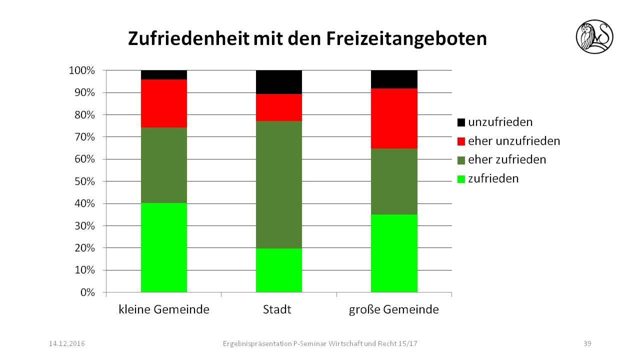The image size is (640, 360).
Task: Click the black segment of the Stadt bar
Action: click(x=278, y=82)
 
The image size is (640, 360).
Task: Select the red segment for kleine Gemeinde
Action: click(x=164, y=103)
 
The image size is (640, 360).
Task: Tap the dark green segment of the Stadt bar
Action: click(x=278, y=184)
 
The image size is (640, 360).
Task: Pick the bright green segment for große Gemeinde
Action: click(x=394, y=253)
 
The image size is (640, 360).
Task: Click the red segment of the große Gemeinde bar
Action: click(x=394, y=118)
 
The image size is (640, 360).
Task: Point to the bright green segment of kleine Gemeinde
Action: click(x=164, y=247)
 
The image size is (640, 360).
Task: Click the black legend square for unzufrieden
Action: click(x=461, y=122)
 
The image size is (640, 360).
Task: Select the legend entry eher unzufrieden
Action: click(x=513, y=141)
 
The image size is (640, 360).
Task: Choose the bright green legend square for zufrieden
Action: click(x=461, y=179)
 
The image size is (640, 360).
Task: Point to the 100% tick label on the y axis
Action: click(x=81, y=70)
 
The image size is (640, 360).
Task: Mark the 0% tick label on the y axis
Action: click(x=87, y=292)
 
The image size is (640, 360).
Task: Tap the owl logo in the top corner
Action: click(x=594, y=36)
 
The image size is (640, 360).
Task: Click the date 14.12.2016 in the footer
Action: click(x=67, y=343)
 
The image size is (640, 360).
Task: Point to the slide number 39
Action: click(x=587, y=343)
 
